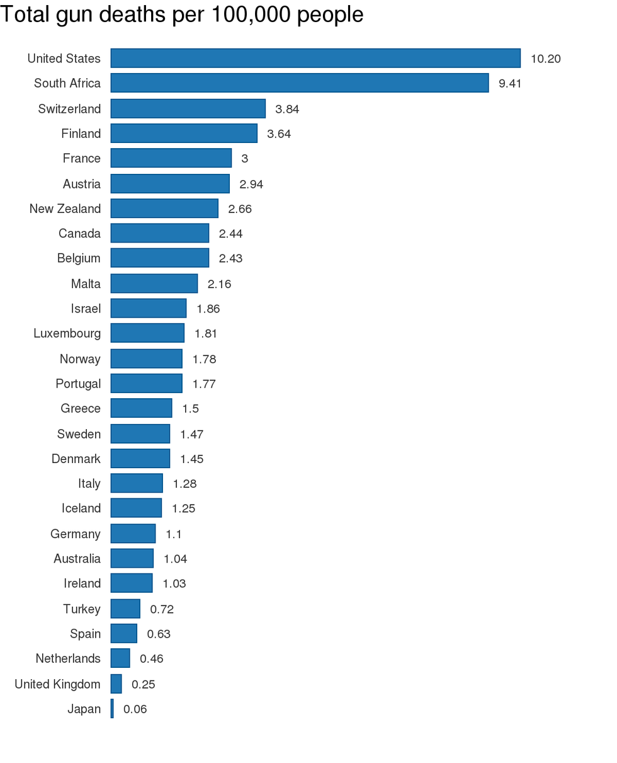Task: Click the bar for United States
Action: pos(315,58)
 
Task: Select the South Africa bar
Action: pos(300,83)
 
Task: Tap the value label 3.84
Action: pos(287,109)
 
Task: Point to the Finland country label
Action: pos(81,134)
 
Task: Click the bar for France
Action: pos(171,158)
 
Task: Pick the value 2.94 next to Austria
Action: pos(251,184)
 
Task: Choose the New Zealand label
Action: pos(65,209)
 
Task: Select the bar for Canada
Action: pos(160,233)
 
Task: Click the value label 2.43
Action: pos(230,258)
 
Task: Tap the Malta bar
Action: pos(154,284)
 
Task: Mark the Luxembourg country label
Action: pos(67,333)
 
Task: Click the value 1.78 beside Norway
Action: pos(204,359)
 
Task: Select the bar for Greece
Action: pos(141,408)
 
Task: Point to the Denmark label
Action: pos(76,459)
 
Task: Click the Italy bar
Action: pos(137,483)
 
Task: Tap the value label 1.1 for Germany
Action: pos(174,534)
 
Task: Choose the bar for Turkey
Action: pos(125,609)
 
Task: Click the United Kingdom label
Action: pos(57,684)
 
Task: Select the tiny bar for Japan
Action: pos(112,709)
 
